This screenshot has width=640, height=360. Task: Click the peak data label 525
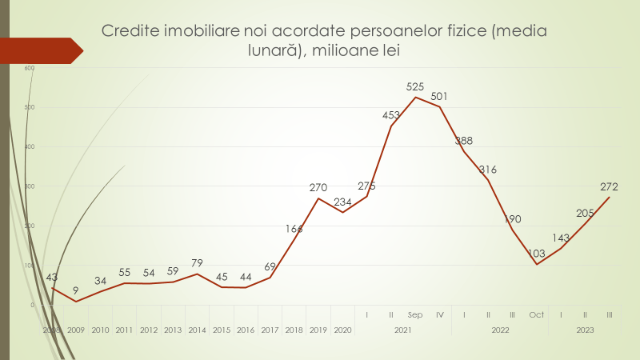[x=415, y=86]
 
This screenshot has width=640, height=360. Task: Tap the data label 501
[x=439, y=97]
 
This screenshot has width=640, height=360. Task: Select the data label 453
[x=391, y=115]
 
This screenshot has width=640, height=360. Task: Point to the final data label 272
[x=609, y=187]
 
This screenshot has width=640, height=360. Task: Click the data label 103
[x=536, y=254]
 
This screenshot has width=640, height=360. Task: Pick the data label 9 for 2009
[x=76, y=290]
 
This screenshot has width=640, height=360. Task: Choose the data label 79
[x=197, y=263]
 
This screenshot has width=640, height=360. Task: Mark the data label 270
[x=318, y=188]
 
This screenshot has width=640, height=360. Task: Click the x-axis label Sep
[x=415, y=314]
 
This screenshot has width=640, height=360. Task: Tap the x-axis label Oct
[x=536, y=314]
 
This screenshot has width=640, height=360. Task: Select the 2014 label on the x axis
[x=197, y=330]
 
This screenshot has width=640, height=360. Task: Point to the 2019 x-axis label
[x=318, y=330]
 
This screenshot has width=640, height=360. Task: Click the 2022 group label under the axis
[x=500, y=330]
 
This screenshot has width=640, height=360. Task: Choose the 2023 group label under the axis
[x=585, y=330]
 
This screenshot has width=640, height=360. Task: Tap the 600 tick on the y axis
[x=30, y=68]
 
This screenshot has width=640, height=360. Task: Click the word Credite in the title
[x=129, y=32]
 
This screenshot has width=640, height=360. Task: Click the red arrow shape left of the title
[x=40, y=50]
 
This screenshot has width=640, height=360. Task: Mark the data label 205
[x=586, y=213]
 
